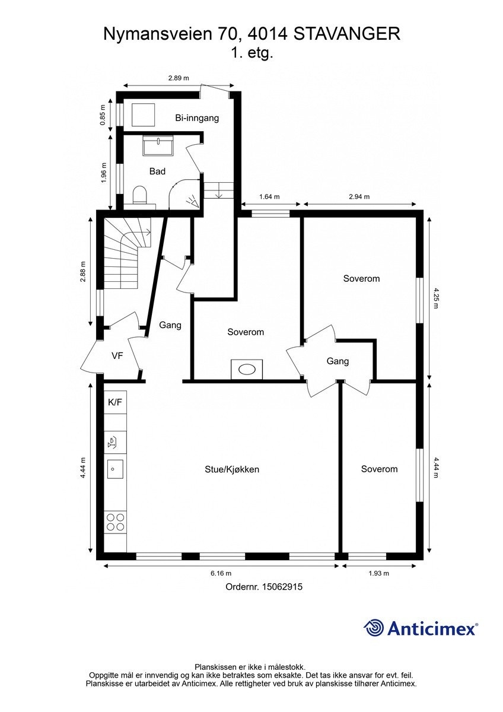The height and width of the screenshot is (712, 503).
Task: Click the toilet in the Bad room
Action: pyautogui.click(x=140, y=195)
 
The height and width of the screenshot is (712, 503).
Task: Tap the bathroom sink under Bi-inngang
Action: pyautogui.click(x=158, y=145)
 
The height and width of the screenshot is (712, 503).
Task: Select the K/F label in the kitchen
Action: pyautogui.click(x=115, y=402)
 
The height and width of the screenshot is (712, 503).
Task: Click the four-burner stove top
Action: pyautogui.click(x=115, y=522)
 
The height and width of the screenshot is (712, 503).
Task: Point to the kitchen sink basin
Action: pyautogui.click(x=115, y=469)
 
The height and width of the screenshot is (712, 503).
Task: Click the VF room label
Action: pyautogui.click(x=117, y=355)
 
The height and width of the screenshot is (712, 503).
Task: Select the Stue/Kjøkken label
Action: pyautogui.click(x=232, y=469)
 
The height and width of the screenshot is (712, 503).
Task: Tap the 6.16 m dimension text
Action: pyautogui.click(x=220, y=573)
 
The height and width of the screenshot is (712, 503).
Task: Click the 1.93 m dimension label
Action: pyautogui.click(x=378, y=573)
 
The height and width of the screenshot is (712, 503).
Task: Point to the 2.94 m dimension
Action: pyautogui.click(x=358, y=197)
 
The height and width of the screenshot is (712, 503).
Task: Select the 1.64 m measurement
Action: pyautogui.click(x=269, y=197)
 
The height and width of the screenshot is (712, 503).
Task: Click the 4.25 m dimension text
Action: pyautogui.click(x=437, y=298)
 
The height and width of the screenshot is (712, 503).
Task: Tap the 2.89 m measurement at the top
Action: pyautogui.click(x=178, y=78)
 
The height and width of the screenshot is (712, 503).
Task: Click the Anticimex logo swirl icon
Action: pyautogui.click(x=374, y=627)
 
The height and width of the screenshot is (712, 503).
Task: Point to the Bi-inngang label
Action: pyautogui.click(x=197, y=118)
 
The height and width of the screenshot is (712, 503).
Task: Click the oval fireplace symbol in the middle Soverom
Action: pyautogui.click(x=247, y=369)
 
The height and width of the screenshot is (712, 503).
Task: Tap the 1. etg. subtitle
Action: pyautogui.click(x=251, y=53)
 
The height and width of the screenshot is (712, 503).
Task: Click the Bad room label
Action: pyautogui.click(x=157, y=171)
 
